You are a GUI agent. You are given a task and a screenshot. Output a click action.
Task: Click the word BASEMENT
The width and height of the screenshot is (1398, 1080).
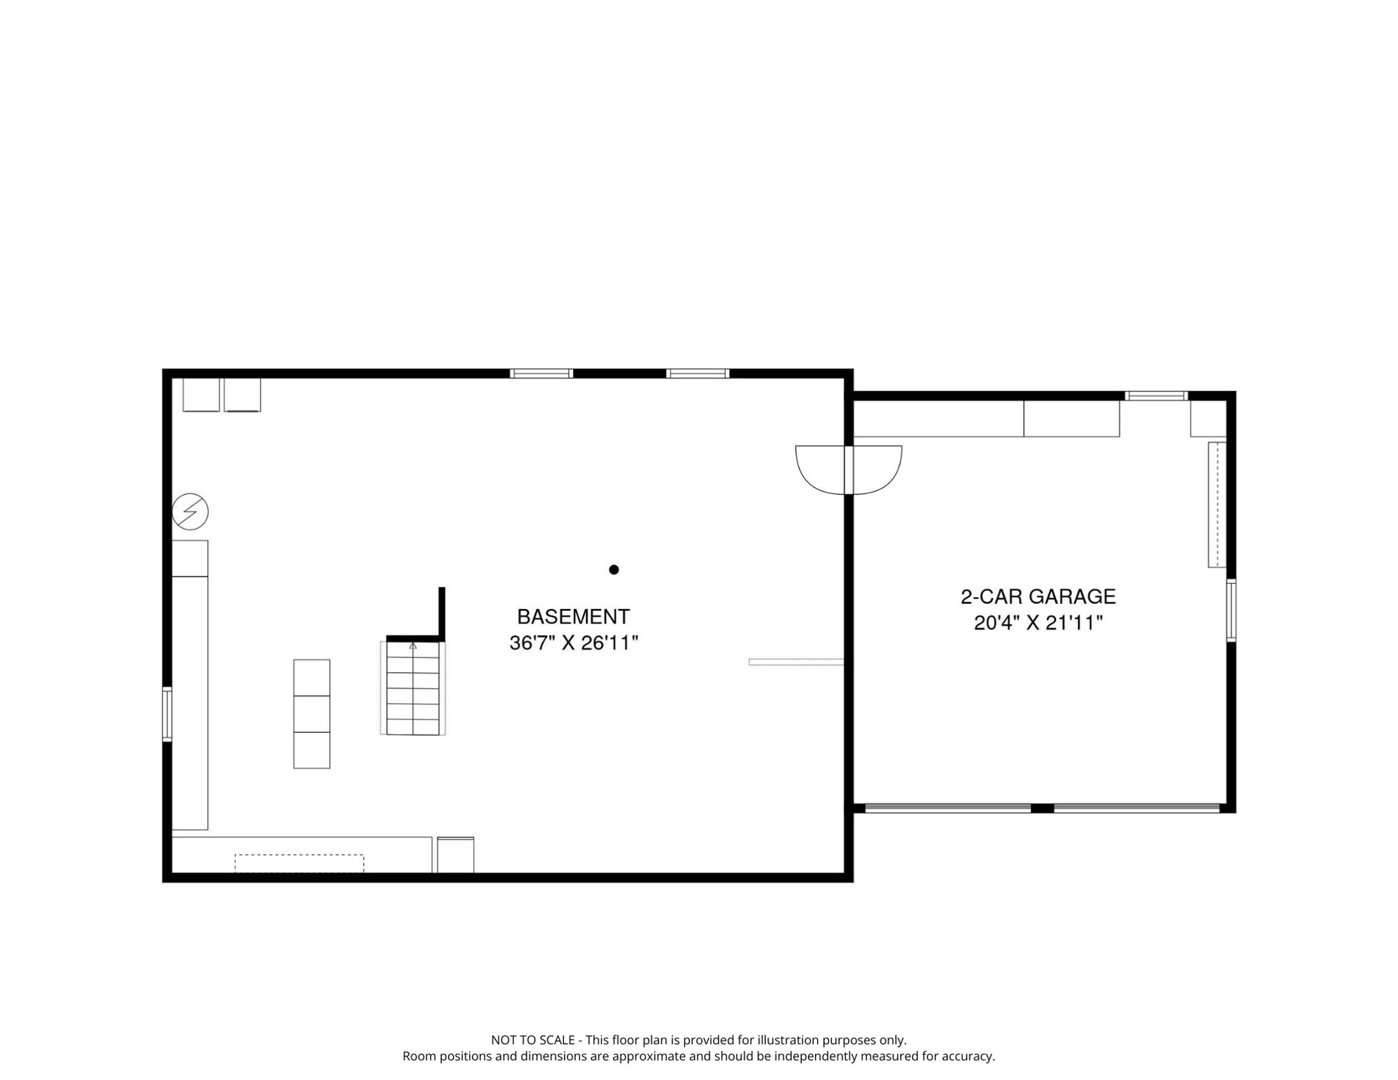click(573, 617)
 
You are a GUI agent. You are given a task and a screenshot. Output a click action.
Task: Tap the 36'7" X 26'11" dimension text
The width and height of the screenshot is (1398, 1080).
click(574, 643)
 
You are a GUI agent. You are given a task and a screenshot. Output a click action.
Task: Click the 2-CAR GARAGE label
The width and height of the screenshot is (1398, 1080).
click(1038, 596)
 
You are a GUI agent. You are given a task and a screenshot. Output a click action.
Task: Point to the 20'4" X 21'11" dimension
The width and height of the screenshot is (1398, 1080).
click(1038, 623)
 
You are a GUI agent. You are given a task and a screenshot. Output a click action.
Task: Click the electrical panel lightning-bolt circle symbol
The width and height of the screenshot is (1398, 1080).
click(191, 511)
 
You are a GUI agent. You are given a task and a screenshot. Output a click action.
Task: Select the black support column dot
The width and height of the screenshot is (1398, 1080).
click(614, 570)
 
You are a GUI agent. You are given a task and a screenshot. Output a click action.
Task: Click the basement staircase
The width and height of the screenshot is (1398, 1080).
click(413, 688)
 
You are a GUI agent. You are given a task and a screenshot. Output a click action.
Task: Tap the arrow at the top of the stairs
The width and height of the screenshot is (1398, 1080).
click(413, 646)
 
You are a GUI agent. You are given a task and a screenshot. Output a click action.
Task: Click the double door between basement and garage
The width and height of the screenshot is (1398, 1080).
click(849, 470)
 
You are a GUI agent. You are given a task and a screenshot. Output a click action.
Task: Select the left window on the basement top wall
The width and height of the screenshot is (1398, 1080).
click(541, 373)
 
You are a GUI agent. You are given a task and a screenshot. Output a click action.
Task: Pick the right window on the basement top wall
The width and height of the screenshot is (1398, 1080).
click(698, 373)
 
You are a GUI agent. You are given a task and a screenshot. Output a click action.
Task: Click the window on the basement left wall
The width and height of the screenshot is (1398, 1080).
click(167, 714)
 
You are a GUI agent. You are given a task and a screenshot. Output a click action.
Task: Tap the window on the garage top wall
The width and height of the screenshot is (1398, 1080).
click(1157, 396)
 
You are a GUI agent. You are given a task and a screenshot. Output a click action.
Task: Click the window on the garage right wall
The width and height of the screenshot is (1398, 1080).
click(1231, 610)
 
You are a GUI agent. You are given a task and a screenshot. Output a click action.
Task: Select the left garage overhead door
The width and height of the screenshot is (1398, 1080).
click(948, 809)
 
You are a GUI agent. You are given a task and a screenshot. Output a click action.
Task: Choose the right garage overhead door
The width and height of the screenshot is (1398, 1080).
click(1137, 809)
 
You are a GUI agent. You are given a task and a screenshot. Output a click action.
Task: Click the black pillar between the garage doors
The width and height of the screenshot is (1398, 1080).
click(1043, 809)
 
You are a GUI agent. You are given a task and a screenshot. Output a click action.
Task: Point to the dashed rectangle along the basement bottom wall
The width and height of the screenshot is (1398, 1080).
click(300, 863)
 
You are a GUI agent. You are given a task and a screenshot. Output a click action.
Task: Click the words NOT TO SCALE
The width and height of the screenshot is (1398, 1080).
click(532, 1040)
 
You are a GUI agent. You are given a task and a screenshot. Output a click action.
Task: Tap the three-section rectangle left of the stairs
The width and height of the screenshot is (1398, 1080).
click(312, 714)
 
